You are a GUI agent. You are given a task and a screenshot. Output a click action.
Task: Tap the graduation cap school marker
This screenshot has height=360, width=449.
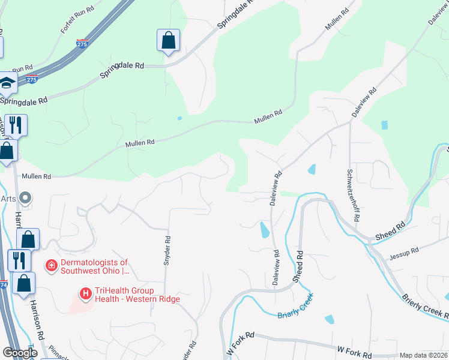7,85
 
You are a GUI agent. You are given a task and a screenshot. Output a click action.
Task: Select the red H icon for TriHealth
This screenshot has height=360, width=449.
86,293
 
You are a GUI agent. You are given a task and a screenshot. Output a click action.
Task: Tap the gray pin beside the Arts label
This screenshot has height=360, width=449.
25,197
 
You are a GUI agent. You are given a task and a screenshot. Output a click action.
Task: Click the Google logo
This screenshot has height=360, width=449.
20,353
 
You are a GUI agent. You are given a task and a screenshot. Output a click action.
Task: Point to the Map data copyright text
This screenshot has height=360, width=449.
423,355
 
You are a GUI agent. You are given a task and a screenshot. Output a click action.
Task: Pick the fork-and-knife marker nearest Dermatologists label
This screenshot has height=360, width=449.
18,260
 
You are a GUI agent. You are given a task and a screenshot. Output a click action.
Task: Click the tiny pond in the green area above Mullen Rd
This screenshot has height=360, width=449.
179,118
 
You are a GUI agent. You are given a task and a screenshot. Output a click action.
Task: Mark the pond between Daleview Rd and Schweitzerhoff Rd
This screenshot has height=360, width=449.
311,169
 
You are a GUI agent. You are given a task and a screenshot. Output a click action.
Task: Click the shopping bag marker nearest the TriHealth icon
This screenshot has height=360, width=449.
23,284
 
